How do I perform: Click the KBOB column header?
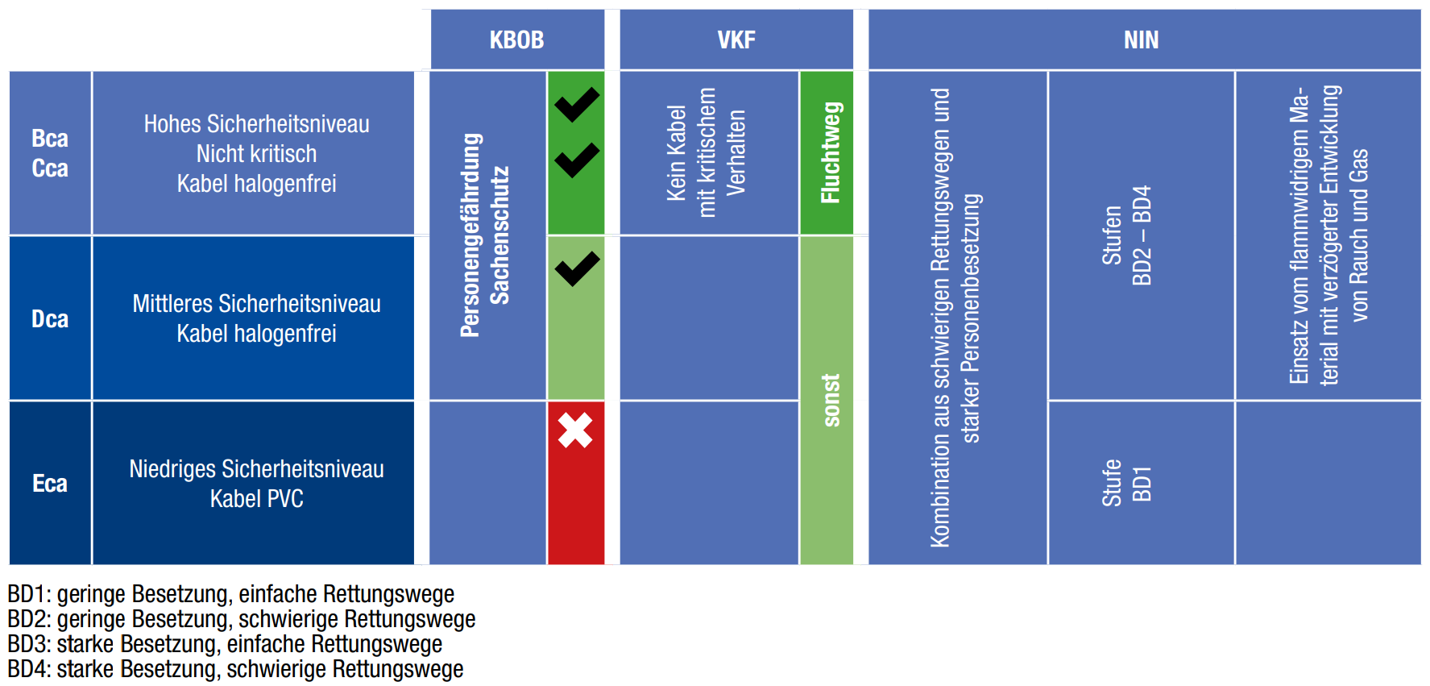click(516, 39)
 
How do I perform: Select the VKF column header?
click(736, 39)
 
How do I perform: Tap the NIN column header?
click(1141, 39)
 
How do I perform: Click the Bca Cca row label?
click(50, 153)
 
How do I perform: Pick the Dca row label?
click(50, 319)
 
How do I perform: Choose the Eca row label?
click(50, 484)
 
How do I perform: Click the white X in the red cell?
click(575, 430)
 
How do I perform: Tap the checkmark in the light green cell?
click(577, 268)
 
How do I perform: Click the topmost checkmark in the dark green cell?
click(577, 104)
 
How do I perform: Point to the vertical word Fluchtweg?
click(830, 152)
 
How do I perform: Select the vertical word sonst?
click(831, 400)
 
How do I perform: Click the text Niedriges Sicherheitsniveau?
click(256, 469)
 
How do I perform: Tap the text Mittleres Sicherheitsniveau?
click(256, 304)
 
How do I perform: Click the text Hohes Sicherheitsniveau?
click(256, 124)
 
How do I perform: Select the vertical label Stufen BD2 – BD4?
click(1126, 235)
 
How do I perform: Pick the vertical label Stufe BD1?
click(1126, 483)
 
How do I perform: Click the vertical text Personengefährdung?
click(470, 235)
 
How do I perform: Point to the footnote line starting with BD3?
click(225, 644)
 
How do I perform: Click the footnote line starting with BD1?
click(230, 594)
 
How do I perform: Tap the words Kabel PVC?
click(256, 499)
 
